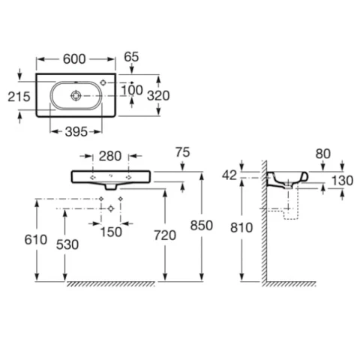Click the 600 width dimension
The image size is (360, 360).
coord(74,59)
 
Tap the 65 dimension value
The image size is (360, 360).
coord(131,57)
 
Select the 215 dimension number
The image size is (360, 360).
coord(19,97)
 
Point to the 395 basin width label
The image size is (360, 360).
coord(76,132)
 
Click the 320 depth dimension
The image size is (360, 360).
coord(158,95)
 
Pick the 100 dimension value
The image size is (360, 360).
coord(132,90)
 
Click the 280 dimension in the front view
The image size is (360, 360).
coord(110,156)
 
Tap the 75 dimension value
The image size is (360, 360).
coord(183,152)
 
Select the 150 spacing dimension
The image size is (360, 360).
coord(111,232)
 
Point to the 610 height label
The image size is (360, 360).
coord(36,240)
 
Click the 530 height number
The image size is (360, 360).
coord(67,244)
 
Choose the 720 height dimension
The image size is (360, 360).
coord(165,235)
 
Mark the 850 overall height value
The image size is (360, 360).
coord(202,226)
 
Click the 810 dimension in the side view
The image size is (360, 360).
coord(241,228)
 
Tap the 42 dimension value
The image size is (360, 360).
coord(229,175)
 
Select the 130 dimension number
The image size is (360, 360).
coord(342,180)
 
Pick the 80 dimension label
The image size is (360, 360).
coord(323,154)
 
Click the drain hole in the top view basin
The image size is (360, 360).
coord(76,95)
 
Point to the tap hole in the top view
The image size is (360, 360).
coord(103,82)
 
